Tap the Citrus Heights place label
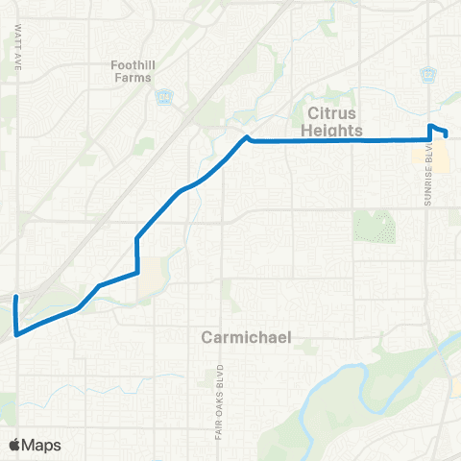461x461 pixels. tap(335, 120)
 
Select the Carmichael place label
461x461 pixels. tap(247, 337)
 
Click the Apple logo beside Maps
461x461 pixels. tap(14, 445)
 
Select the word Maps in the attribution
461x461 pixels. tap(42, 445)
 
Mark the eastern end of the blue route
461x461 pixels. tap(445, 136)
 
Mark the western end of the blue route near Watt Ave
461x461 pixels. tap(14, 300)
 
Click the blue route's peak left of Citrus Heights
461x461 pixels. tap(247, 137)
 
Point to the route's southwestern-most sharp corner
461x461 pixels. tap(16, 333)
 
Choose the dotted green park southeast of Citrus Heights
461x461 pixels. tap(374, 227)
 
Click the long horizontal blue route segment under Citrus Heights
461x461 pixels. tap(336, 140)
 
